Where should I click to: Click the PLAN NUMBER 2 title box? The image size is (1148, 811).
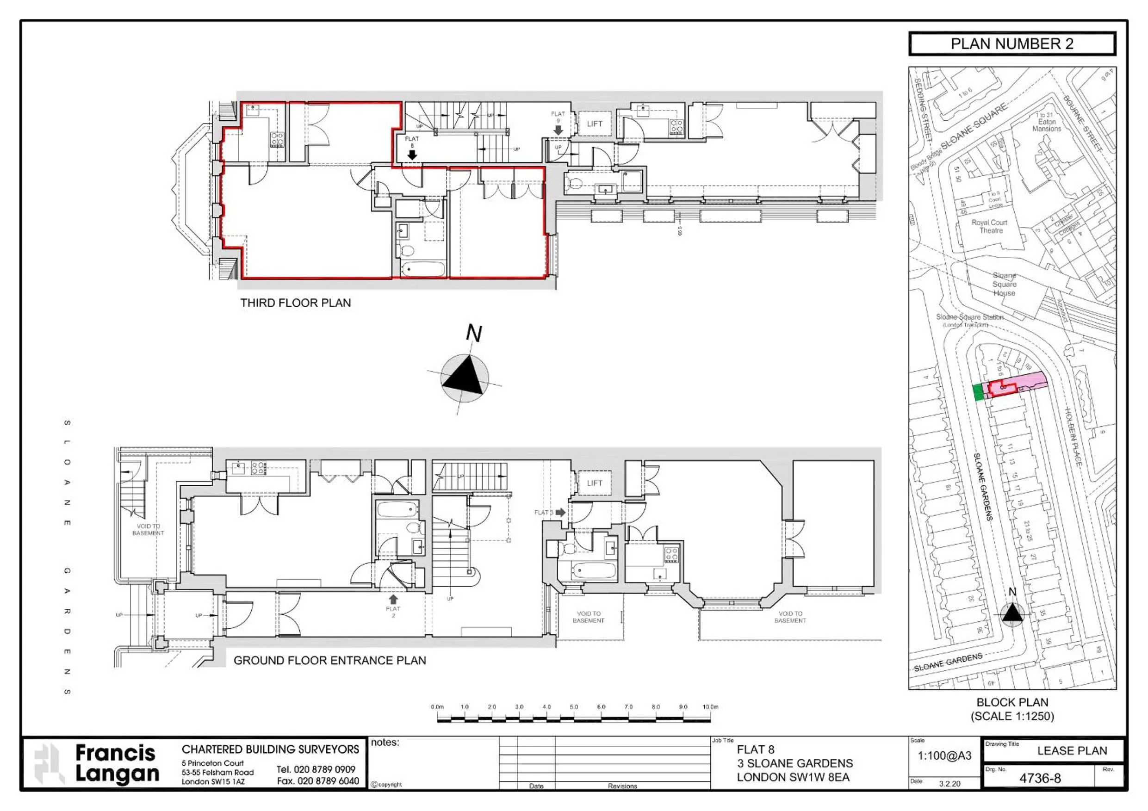1011,44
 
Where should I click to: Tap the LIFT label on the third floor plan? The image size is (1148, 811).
595,124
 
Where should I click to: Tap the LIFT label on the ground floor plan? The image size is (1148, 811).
595,483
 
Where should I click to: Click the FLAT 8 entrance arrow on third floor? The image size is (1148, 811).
412,155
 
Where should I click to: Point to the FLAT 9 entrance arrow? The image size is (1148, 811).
558,130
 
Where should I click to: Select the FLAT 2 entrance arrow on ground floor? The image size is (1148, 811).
393,599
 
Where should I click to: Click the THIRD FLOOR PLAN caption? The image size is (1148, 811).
296,303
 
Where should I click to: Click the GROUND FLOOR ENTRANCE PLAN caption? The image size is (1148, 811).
329,661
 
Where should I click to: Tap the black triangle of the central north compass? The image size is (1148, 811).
465,377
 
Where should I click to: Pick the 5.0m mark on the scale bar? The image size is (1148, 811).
573,707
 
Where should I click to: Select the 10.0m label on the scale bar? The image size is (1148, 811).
710,707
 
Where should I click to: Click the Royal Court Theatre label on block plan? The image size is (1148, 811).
989,227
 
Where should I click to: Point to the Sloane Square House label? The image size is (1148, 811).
1004,284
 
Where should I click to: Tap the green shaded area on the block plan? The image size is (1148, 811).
979,392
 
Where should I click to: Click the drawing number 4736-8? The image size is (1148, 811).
1040,779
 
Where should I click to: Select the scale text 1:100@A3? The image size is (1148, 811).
944,756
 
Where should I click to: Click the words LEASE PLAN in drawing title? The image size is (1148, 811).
1072,751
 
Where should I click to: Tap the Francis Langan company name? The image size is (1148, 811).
117,763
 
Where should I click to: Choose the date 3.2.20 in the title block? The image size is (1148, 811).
949,784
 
